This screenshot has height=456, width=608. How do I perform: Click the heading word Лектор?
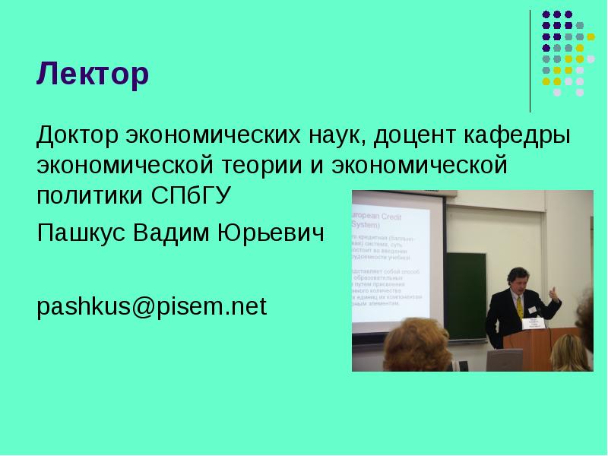pos(93,75)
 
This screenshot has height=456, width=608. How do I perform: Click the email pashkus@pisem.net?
pos(152,307)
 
